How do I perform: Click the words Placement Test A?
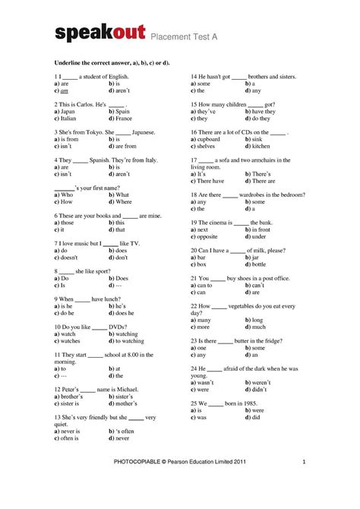click(182, 36)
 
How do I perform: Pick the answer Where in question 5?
click(123, 202)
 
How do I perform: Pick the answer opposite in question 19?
click(210, 237)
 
